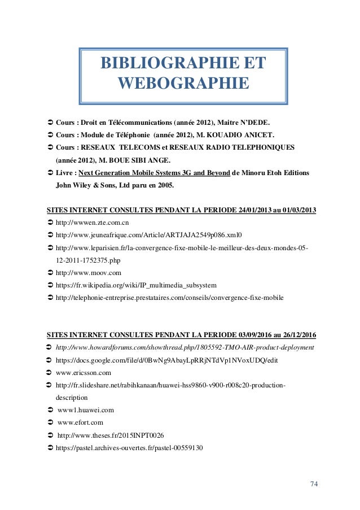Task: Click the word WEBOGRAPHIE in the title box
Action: point(183,84)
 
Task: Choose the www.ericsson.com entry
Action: point(84,373)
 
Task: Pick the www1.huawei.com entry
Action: point(86,410)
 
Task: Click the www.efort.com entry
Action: point(80,422)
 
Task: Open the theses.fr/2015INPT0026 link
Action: point(111,435)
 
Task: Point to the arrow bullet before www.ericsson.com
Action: point(49,373)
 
